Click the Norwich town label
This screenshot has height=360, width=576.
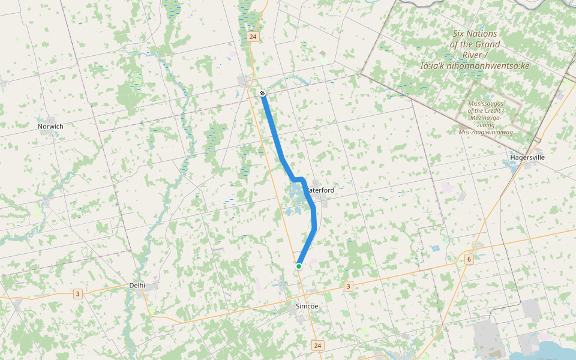(50, 127)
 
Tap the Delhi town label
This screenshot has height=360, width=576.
(137, 286)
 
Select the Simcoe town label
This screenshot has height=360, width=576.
(307, 306)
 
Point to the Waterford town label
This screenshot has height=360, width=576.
(320, 190)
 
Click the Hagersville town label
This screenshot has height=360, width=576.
(527, 157)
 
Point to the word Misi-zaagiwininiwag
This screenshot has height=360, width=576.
(485, 132)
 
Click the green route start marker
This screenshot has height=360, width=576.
(299, 266)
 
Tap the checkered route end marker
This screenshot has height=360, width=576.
(263, 93)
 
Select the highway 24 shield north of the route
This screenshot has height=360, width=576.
(253, 37)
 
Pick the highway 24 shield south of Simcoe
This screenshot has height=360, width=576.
(317, 346)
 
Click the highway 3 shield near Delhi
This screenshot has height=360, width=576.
(77, 294)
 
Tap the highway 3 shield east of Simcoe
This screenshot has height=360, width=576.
(348, 286)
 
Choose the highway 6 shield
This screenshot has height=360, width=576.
(469, 259)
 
